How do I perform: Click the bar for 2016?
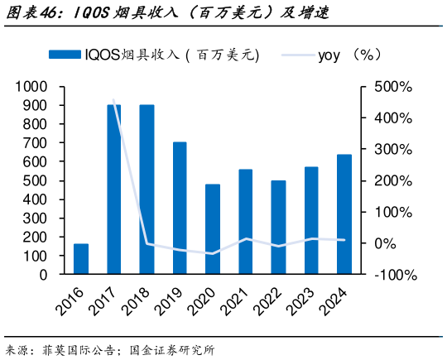81,258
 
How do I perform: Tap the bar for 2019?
180,207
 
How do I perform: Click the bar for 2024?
344,214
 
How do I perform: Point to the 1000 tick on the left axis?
31,87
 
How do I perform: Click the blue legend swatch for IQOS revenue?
64,55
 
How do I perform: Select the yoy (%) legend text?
348,55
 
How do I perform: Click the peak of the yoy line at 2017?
113,100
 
